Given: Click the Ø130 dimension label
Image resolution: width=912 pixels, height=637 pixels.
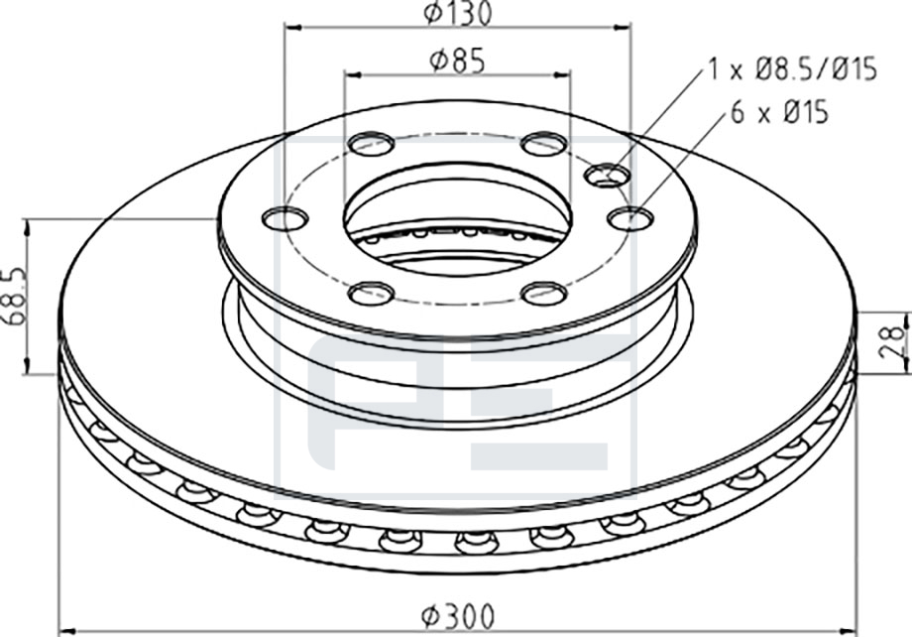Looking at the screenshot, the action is (x=458, y=14).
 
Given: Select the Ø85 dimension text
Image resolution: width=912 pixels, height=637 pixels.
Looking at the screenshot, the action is (x=457, y=62).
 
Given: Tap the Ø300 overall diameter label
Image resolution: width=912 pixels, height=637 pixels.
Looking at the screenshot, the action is (x=458, y=616).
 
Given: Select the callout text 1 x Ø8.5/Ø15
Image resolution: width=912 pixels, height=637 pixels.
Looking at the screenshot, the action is (x=792, y=69).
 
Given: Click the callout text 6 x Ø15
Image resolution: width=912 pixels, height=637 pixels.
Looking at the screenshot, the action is (x=779, y=111).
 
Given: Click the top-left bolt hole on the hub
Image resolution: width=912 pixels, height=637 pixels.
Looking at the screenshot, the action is (x=371, y=144).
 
